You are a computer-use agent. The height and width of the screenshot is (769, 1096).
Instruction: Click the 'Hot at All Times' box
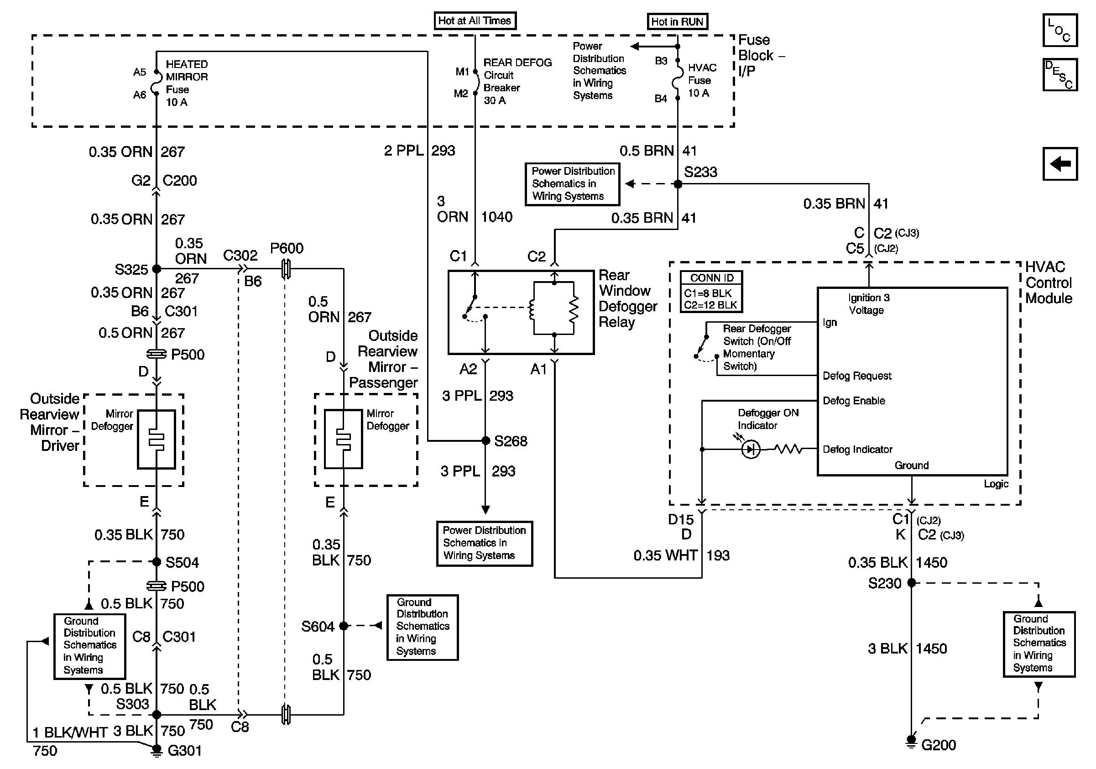pos(475,21)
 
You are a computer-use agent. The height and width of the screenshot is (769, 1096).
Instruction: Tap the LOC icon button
pos(1059,30)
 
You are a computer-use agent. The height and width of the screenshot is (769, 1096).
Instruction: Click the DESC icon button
pos(1059,74)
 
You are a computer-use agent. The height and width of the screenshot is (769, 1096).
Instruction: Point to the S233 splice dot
pos(678,184)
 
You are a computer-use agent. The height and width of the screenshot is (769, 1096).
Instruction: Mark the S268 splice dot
pos(485,440)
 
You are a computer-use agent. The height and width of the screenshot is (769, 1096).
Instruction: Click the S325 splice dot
pos(156,269)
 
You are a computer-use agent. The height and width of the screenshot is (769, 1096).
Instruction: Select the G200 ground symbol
pos(911,740)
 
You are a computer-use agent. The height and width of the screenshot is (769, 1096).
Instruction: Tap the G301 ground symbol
pos(156,750)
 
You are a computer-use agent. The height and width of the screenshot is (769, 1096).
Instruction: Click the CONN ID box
pos(711,292)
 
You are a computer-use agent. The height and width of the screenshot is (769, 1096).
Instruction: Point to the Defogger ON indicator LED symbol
pos(751,449)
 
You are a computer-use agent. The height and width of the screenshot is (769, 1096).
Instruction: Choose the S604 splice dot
pos(343,625)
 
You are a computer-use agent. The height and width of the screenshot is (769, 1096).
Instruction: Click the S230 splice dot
pos(911,582)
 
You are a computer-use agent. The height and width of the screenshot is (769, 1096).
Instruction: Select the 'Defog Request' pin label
pos(856,376)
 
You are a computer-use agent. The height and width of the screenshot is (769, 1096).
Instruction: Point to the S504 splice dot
pos(156,562)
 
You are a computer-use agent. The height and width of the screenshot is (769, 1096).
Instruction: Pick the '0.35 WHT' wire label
pos(665,555)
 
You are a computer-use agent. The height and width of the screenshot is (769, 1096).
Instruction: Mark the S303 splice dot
pos(156,715)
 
